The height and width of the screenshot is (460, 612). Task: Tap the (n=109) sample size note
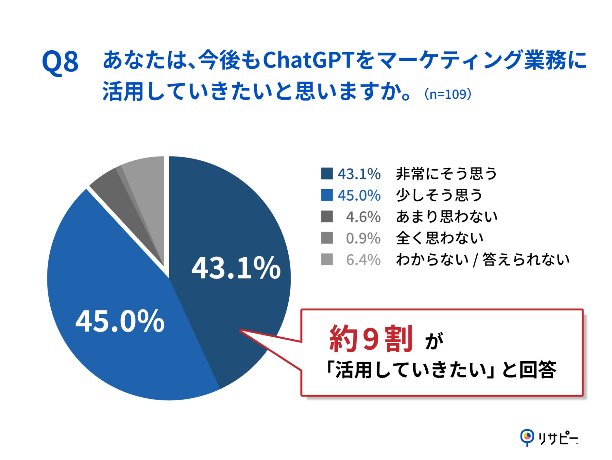[448, 94]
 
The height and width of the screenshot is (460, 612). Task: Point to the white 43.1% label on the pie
[236, 268]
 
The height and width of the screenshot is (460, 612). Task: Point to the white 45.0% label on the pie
[120, 321]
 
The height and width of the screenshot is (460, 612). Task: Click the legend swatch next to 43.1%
[327, 174]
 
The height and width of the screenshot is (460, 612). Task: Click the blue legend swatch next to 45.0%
[327, 195]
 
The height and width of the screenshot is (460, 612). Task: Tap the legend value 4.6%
[363, 217]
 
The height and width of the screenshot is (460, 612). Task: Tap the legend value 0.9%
[363, 238]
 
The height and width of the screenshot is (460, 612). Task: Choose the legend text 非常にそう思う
[446, 174]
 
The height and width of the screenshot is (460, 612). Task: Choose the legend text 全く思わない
[440, 238]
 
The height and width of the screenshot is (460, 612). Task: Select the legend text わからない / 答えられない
[482, 260]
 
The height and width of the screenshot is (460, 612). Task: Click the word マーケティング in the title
[449, 60]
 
